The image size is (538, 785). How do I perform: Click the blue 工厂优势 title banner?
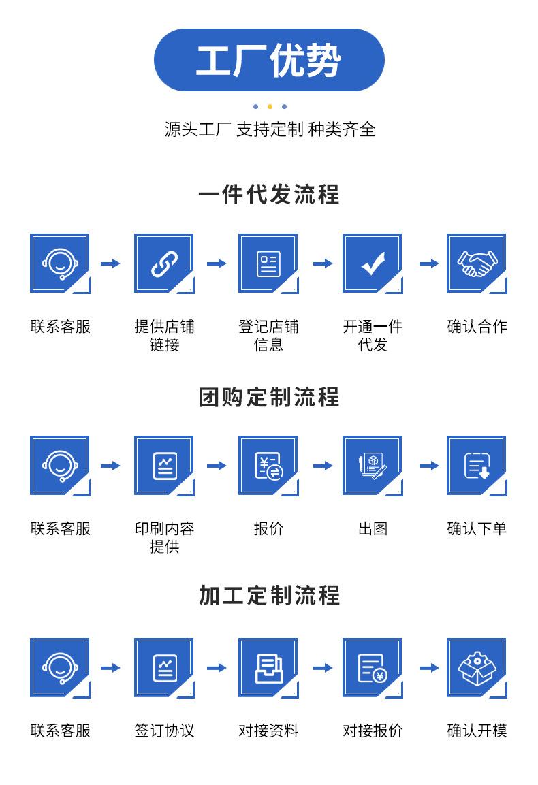click(x=269, y=60)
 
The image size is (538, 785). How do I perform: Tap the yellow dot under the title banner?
click(x=270, y=106)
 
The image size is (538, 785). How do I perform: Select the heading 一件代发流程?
click(x=269, y=195)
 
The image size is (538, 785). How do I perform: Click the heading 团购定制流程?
click(x=269, y=397)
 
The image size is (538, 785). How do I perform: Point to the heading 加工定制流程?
click(x=269, y=595)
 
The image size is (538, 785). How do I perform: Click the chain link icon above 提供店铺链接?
click(x=164, y=263)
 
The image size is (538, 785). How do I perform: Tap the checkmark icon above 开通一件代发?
click(x=373, y=263)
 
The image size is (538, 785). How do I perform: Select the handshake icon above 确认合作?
click(x=477, y=263)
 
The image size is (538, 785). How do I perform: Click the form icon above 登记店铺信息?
click(x=268, y=263)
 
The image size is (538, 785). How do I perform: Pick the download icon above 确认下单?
click(x=477, y=466)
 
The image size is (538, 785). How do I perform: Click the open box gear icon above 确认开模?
click(x=477, y=668)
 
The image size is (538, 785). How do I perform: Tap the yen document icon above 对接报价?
click(x=373, y=668)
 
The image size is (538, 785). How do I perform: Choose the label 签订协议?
click(x=164, y=731)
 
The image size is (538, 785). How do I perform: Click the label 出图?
click(x=373, y=528)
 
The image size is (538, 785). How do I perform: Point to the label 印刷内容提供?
click(x=164, y=537)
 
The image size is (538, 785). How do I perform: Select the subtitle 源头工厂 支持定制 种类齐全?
click(x=270, y=129)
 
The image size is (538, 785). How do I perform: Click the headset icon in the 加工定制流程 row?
click(x=60, y=668)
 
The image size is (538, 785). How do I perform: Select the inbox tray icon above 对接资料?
click(x=268, y=668)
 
